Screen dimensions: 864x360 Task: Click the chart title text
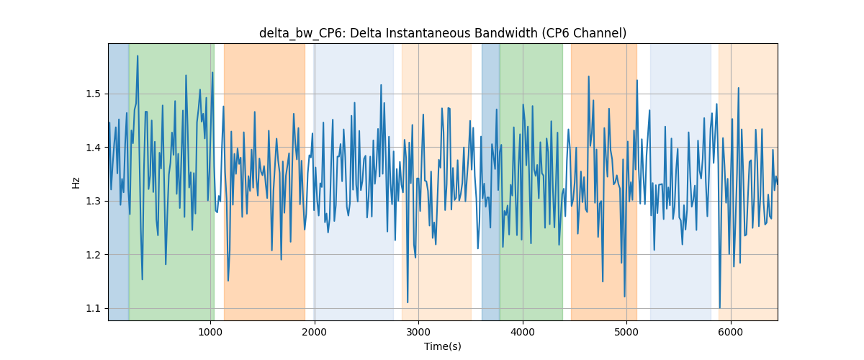coord(443,33)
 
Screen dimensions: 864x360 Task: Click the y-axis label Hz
coord(76,182)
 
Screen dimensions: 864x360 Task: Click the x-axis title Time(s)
coord(443,346)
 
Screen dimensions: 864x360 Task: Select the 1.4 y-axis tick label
coord(93,148)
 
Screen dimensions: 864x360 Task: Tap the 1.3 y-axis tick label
coord(93,202)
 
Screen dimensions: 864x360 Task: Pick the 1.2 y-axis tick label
coord(93,255)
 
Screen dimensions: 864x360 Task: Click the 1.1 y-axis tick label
coord(93,309)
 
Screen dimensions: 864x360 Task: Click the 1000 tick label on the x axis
coord(210,332)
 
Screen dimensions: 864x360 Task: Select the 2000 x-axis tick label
coord(315,332)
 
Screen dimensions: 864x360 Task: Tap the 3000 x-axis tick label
coord(418,332)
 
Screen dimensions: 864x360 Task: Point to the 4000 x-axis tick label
coord(523,332)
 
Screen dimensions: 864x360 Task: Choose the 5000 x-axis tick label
coord(626,332)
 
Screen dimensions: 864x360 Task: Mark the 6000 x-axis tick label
coord(731,332)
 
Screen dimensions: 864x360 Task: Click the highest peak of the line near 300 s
coord(138,56)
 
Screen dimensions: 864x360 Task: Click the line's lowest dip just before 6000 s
coord(720,307)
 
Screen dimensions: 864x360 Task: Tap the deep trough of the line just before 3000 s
coord(408,302)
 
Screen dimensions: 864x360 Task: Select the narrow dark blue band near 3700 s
coord(490,182)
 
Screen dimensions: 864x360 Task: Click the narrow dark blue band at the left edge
coord(119,182)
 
